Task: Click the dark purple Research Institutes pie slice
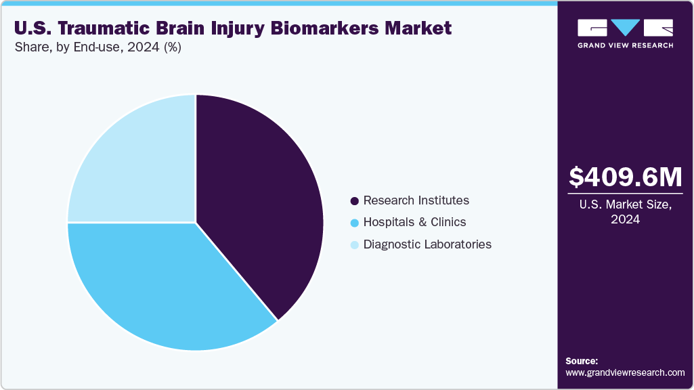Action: (257, 203)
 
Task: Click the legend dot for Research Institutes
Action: (354, 201)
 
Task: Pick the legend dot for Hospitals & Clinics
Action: (354, 223)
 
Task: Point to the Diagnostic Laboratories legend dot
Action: (354, 244)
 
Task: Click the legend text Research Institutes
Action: (416, 200)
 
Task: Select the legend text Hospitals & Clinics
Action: (414, 222)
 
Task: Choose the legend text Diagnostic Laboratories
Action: (427, 244)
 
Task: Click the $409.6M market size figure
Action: (625, 177)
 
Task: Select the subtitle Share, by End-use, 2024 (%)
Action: (97, 47)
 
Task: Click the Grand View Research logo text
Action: (625, 45)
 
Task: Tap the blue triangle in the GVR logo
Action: (626, 28)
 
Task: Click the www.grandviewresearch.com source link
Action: (625, 372)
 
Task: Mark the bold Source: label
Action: (582, 361)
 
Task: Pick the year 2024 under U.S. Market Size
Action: (625, 219)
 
